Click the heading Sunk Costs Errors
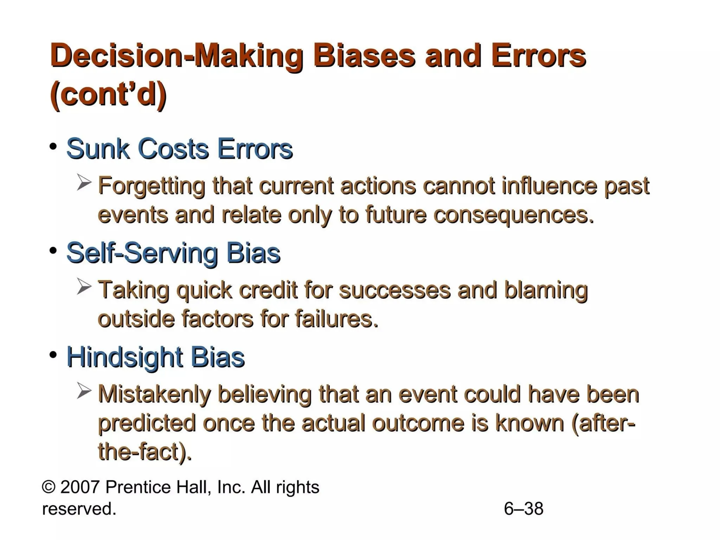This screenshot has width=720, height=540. click(179, 149)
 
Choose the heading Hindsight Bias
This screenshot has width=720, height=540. click(155, 357)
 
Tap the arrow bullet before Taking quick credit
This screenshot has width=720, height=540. click(84, 287)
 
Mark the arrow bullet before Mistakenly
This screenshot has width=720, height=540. click(84, 392)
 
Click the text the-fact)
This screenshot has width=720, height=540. click(144, 452)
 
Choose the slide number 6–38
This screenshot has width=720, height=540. click(523, 509)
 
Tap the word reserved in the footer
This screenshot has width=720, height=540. click(78, 509)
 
